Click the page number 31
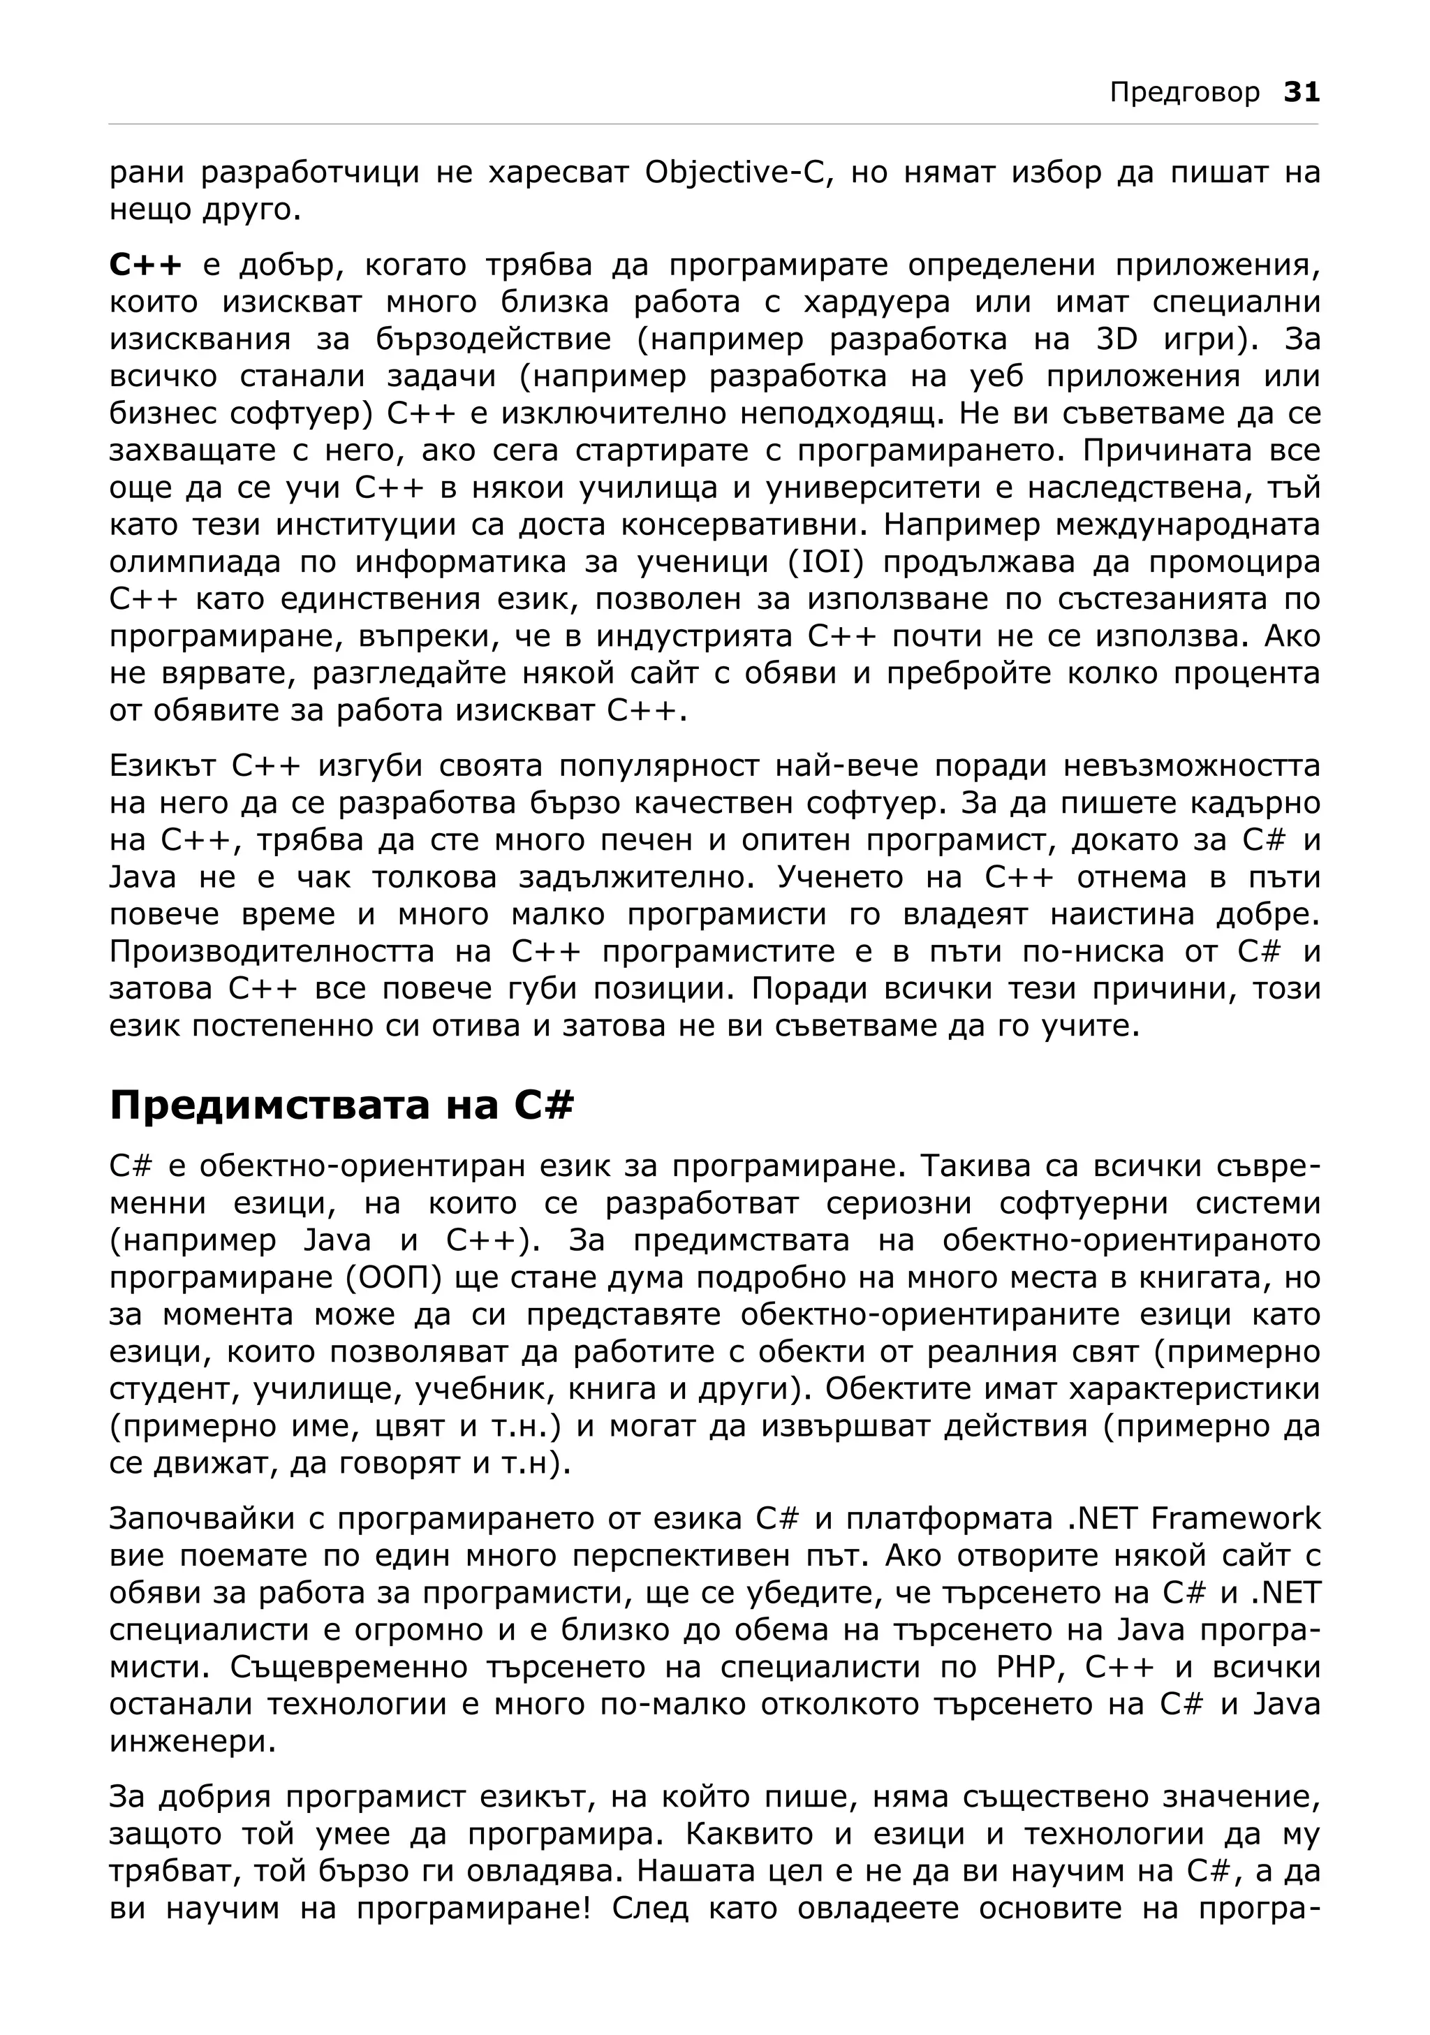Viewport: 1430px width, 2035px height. pyautogui.click(x=1302, y=92)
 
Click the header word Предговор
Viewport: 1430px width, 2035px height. pyautogui.click(x=1185, y=93)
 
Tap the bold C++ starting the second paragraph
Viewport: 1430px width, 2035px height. pyautogui.click(x=146, y=265)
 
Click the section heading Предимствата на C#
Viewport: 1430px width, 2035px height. pyautogui.click(x=342, y=1106)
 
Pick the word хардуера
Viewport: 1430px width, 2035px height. pyautogui.click(x=876, y=302)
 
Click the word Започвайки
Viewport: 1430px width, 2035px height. pyautogui.click(x=200, y=1518)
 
